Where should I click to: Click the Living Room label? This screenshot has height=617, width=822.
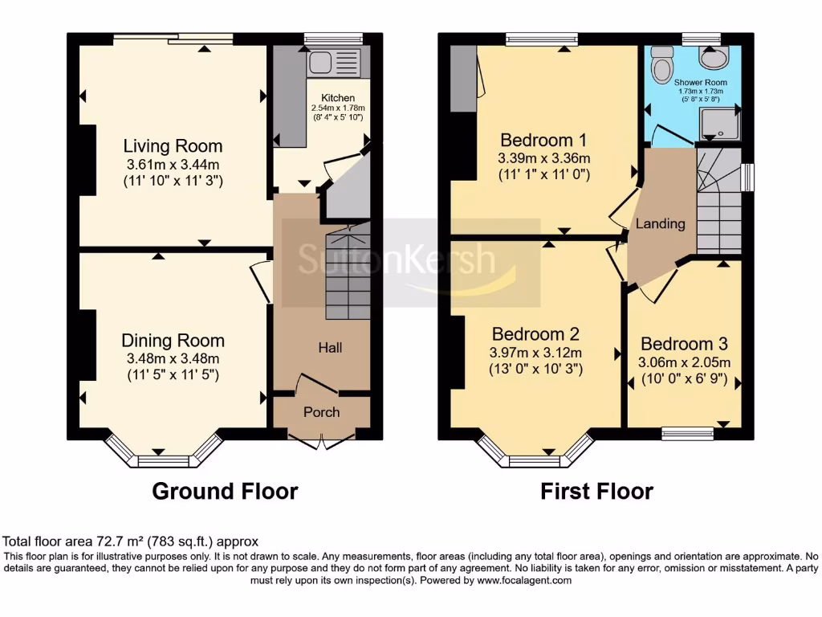[173, 146]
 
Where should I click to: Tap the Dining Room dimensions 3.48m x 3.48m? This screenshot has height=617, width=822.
[173, 358]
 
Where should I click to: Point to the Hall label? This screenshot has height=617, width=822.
[330, 348]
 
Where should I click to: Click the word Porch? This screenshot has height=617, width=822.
[321, 412]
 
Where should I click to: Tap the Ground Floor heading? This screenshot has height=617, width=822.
[225, 491]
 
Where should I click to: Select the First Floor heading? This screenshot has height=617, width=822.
[596, 491]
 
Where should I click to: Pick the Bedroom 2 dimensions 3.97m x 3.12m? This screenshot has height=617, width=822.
[536, 353]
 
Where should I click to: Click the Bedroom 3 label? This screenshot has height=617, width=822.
[684, 344]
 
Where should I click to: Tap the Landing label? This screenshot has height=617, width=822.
[661, 223]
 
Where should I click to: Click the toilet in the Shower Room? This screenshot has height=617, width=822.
[662, 63]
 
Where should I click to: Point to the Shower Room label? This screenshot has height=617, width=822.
[700, 83]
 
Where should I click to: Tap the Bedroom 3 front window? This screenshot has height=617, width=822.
[690, 433]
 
